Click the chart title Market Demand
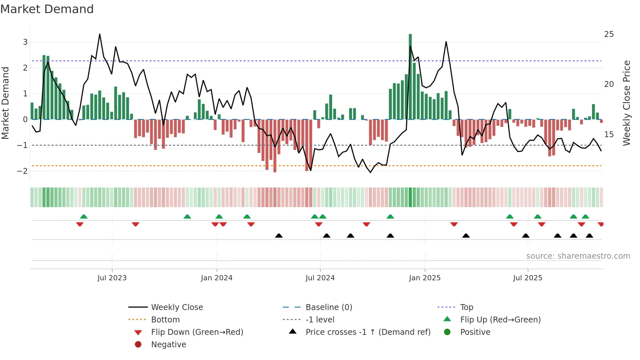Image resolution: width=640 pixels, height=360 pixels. (x=47, y=9)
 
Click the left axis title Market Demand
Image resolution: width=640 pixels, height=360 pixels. (x=6, y=103)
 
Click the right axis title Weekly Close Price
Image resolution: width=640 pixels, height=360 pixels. (x=626, y=103)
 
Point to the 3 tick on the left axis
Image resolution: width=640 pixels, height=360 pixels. (x=25, y=42)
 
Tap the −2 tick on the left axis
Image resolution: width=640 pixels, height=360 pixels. (x=23, y=171)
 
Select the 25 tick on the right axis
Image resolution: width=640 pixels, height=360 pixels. (x=609, y=34)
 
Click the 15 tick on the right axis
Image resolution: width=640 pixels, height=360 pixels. (x=609, y=135)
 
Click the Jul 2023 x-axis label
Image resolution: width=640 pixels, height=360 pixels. (x=112, y=278)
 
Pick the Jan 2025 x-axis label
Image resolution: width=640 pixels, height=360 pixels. (x=424, y=278)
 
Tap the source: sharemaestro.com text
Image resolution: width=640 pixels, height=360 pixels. (x=578, y=256)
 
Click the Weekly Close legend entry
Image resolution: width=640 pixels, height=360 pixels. (x=177, y=307)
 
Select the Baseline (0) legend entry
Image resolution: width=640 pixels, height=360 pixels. (x=328, y=307)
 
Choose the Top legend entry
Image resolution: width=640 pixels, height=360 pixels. (x=466, y=307)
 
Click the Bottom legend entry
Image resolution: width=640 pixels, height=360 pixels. (x=165, y=320)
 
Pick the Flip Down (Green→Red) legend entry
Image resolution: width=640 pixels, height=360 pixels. (x=197, y=332)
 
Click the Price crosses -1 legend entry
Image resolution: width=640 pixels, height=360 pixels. (x=368, y=332)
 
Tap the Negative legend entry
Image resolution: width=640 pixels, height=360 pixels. (x=168, y=345)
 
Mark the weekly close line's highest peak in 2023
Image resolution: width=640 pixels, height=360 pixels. (x=100, y=34)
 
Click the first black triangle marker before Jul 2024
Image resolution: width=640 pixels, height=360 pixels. (x=279, y=236)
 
